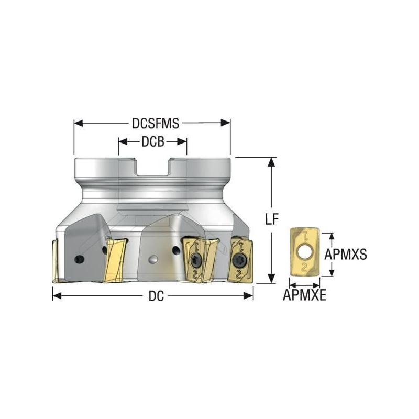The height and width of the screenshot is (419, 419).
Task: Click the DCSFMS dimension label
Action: [155, 123]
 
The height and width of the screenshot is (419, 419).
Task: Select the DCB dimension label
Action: [152, 141]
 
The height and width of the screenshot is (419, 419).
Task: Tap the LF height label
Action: [271, 220]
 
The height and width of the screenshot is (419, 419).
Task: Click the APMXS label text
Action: [345, 255]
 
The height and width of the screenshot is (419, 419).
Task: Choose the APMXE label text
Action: [305, 295]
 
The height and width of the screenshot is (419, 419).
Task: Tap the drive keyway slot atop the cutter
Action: [152, 169]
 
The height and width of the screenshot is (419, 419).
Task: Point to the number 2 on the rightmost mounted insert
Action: [239, 273]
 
